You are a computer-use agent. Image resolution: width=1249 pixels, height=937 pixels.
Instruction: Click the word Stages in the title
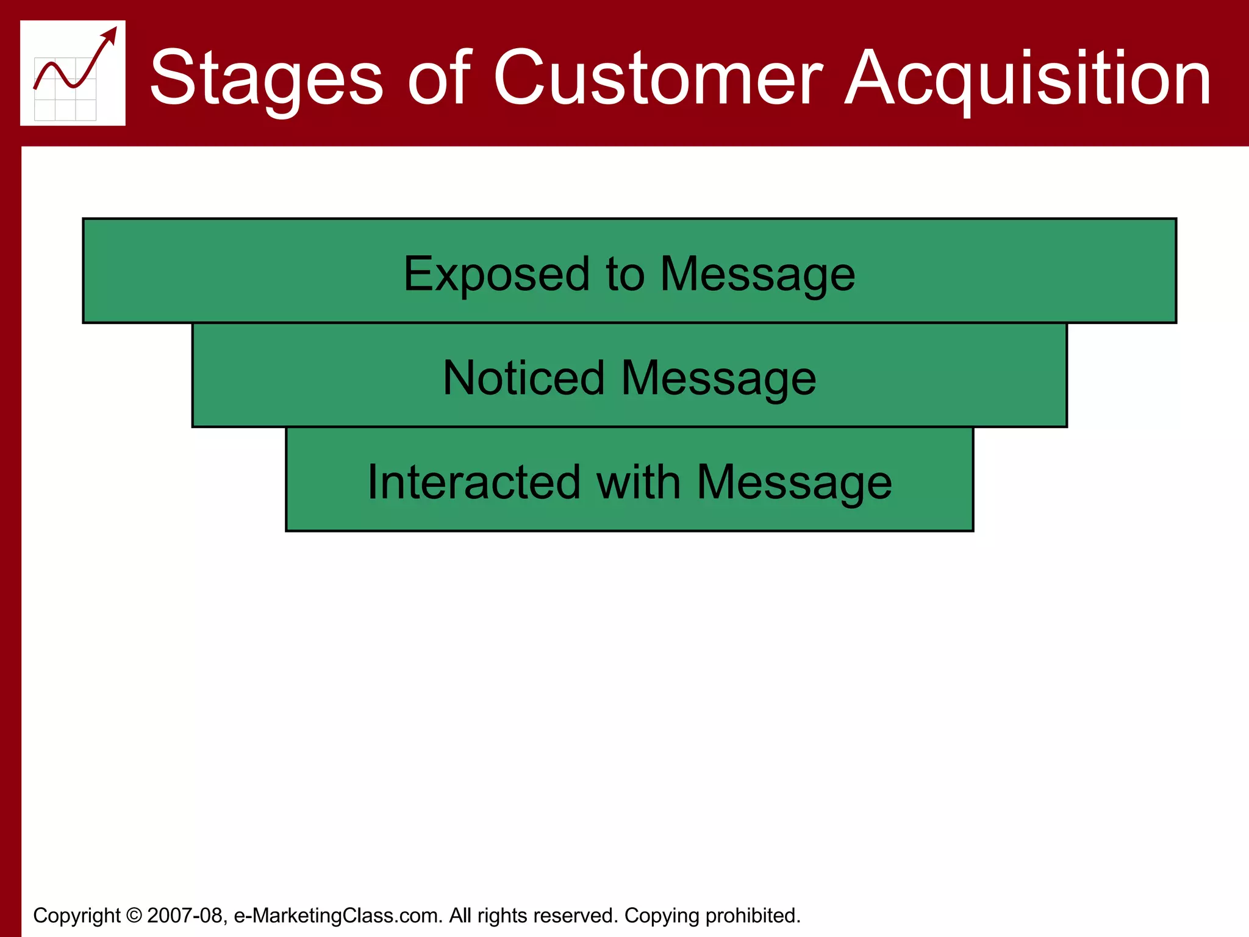point(267,78)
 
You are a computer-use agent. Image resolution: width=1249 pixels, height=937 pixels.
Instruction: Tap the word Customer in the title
point(657,78)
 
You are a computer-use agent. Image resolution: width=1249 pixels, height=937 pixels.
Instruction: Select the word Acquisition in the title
point(1028,78)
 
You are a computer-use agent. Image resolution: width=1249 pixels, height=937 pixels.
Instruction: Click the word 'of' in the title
point(439,78)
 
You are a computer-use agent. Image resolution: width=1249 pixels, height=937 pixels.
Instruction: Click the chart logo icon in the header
point(73,73)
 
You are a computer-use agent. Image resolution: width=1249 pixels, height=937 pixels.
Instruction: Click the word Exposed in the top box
point(496,275)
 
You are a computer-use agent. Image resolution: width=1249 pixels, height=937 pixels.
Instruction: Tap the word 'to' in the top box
point(625,275)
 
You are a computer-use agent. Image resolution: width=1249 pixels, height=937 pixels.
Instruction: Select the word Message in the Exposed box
point(757,275)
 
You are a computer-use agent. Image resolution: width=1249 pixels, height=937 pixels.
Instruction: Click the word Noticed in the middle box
point(523,378)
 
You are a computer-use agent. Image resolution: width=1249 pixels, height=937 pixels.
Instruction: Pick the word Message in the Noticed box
point(718,378)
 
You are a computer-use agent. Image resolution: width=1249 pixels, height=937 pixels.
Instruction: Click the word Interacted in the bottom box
point(473,483)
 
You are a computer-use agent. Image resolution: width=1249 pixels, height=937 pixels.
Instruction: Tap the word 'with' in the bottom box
point(639,483)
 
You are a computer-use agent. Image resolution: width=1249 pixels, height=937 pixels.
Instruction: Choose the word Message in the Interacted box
point(794,483)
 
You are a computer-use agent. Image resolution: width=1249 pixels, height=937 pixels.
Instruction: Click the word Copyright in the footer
point(77,916)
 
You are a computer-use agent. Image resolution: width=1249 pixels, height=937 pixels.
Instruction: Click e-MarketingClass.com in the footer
point(337,916)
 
